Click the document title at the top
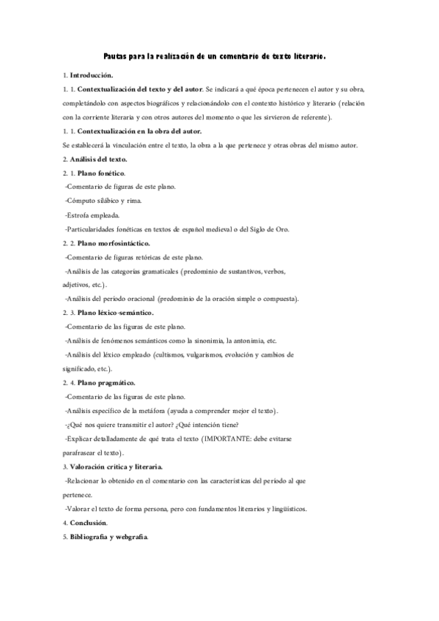coord(214,56)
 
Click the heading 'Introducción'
coord(91,75)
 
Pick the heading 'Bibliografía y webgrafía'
coord(108,537)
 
